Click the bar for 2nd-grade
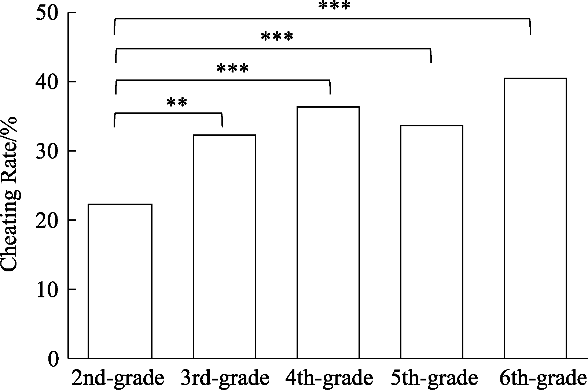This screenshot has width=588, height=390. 120,281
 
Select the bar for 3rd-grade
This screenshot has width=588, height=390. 224,246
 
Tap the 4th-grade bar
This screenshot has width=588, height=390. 328,232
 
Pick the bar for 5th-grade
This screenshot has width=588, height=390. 431,242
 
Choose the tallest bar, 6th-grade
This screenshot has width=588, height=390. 535,218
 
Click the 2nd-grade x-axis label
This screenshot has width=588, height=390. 118,378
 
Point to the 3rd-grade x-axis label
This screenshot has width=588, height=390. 225,378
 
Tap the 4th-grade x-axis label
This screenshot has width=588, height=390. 329,378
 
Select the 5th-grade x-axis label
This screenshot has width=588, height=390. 434,378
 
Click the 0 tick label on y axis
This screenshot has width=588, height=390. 54,359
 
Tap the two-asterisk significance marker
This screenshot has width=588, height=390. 177,103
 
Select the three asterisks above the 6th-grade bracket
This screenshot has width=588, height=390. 334,6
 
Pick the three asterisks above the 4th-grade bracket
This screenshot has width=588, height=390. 233,68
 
